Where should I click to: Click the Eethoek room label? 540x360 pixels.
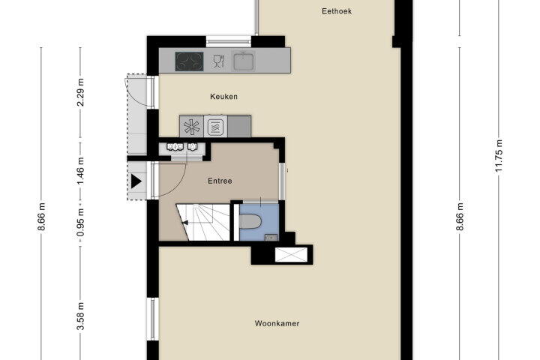[337, 11]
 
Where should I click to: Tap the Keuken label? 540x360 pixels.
[223, 97]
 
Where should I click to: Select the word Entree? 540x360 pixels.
[220, 181]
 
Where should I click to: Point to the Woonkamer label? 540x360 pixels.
[277, 323]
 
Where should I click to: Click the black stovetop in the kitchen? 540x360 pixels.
[189, 61]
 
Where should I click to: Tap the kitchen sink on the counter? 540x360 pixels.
[244, 61]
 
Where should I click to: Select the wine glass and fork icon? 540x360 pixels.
[219, 61]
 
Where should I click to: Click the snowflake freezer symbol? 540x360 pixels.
[191, 127]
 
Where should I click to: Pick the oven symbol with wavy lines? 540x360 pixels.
[215, 127]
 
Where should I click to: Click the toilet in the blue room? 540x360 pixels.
[250, 221]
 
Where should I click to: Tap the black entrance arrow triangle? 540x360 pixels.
[136, 181]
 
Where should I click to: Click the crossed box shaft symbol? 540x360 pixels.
[291, 254]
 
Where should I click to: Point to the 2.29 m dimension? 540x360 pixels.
[80, 92]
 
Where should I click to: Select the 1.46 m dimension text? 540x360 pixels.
[80, 171]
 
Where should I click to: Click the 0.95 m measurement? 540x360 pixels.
[80, 223]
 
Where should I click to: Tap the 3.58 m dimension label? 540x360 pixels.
[80, 316]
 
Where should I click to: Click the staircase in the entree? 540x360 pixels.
[202, 222]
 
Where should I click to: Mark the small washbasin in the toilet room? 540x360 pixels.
[271, 237]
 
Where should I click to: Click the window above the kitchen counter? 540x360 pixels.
[229, 42]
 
